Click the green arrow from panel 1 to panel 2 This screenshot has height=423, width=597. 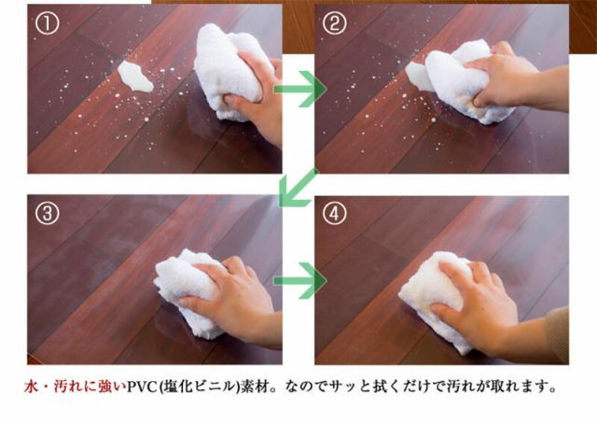298,90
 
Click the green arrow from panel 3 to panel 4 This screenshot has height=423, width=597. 298,279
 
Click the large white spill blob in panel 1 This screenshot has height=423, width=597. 136,77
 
